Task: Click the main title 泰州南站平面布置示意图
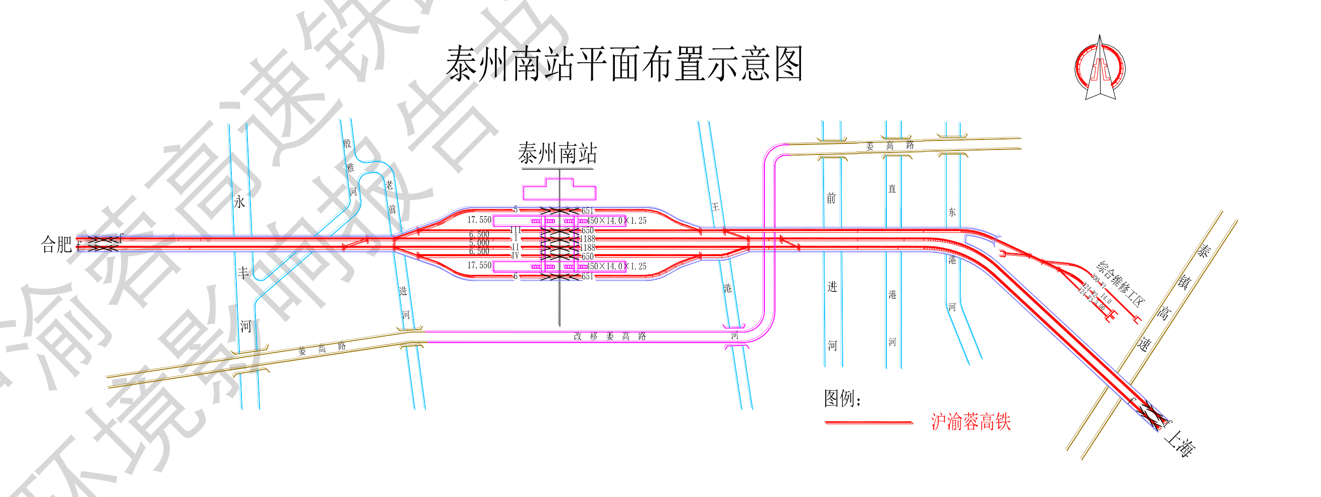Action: click(623, 65)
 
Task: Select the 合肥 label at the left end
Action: click(56, 244)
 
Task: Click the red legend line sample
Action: click(868, 423)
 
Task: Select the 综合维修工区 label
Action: click(1120, 283)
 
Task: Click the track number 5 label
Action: click(515, 210)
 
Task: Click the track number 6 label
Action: click(515, 277)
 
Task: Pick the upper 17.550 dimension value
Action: click(479, 220)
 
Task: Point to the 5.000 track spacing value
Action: click(479, 243)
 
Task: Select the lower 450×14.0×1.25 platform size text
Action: click(616, 266)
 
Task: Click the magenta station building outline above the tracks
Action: click(559, 191)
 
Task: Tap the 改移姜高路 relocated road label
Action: click(609, 337)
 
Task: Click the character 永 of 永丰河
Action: click(239, 202)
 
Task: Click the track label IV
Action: click(515, 255)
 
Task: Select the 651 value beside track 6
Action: click(587, 277)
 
